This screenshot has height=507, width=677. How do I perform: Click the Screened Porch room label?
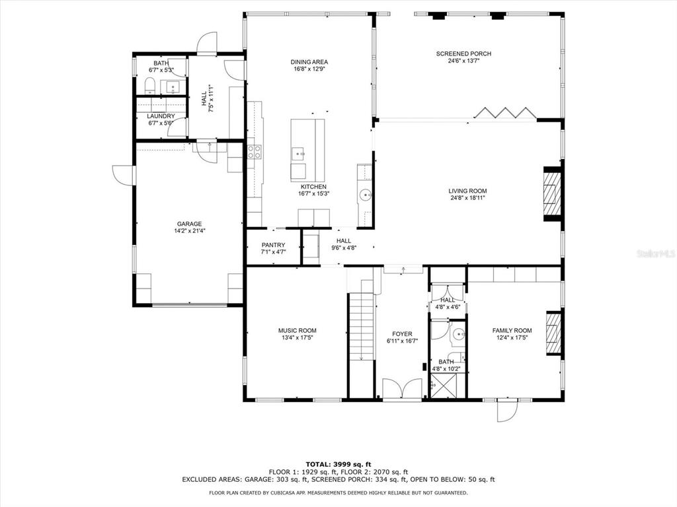tap(463, 54)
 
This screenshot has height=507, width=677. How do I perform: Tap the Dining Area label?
tap(309, 62)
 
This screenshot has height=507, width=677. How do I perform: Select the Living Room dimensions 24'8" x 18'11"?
tap(467, 198)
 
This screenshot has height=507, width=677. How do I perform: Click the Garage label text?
tap(189, 224)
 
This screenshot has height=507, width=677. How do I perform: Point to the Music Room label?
tap(297, 331)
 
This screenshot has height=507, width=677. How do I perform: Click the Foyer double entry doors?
tap(402, 389)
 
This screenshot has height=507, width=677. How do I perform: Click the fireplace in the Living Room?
tap(552, 193)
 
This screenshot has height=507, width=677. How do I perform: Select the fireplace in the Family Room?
tap(554, 333)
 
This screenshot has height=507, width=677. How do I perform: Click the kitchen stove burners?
tap(254, 152)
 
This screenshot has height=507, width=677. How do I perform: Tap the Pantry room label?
tap(273, 245)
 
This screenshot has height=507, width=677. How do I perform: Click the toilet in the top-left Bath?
tap(150, 85)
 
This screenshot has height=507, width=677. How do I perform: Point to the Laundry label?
tap(161, 116)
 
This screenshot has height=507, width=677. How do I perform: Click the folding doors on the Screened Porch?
tap(504, 112)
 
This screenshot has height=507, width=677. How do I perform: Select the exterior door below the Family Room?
tap(507, 410)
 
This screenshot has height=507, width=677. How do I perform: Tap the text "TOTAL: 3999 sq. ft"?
tap(338, 464)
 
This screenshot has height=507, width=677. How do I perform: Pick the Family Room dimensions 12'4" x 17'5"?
tap(512, 337)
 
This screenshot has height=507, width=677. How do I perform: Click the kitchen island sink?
tap(298, 153)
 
